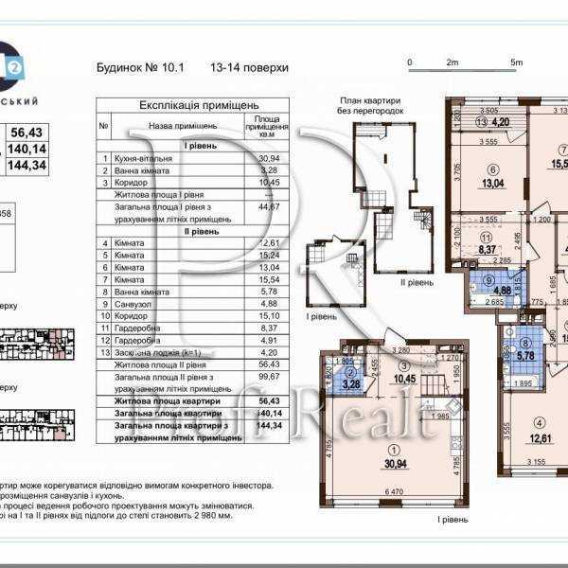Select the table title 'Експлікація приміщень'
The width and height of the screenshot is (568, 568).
pos(186,106)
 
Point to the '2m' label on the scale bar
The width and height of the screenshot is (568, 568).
pos(453,62)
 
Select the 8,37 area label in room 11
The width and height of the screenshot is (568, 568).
pos(488,250)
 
